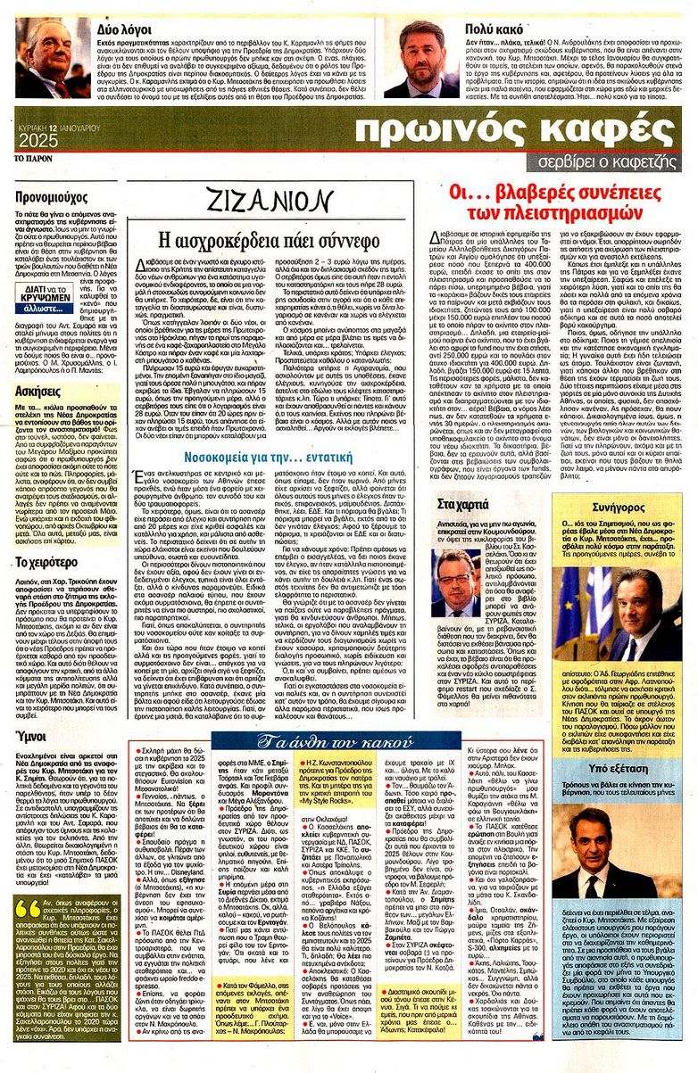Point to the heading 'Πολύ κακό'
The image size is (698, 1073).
click(x=490, y=29)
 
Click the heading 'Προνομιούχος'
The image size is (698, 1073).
click(x=50, y=194)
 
